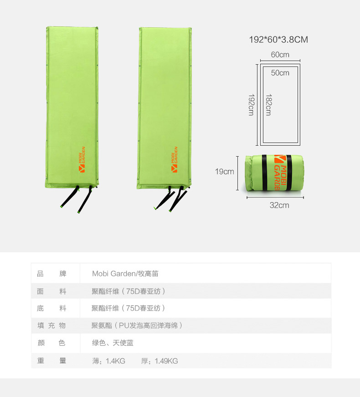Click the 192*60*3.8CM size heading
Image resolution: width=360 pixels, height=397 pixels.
(278, 40)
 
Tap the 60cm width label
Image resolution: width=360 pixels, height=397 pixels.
(280, 55)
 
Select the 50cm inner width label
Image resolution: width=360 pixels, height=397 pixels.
(280, 73)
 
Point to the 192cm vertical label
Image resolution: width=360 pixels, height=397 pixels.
(251, 105)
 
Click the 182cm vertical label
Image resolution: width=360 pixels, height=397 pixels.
(268, 105)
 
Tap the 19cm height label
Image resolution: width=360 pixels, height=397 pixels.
(225, 172)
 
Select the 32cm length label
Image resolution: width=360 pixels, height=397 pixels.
(279, 205)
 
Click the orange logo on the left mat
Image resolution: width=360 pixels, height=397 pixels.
(82, 159)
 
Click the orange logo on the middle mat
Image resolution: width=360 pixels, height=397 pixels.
(174, 159)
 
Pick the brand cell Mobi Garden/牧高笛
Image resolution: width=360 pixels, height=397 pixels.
(125, 274)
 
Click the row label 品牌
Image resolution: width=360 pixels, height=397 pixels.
(51, 274)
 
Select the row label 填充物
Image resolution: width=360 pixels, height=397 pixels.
(51, 326)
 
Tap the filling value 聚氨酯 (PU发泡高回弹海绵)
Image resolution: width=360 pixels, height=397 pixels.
(137, 326)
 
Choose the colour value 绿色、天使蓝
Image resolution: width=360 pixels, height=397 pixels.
(113, 343)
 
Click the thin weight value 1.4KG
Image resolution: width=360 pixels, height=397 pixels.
(116, 361)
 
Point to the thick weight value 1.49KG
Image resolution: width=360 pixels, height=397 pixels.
(166, 361)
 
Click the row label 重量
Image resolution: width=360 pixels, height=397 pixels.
(51, 361)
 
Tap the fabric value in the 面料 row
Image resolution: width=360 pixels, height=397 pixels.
(129, 291)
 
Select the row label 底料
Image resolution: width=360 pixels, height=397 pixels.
(51, 308)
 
